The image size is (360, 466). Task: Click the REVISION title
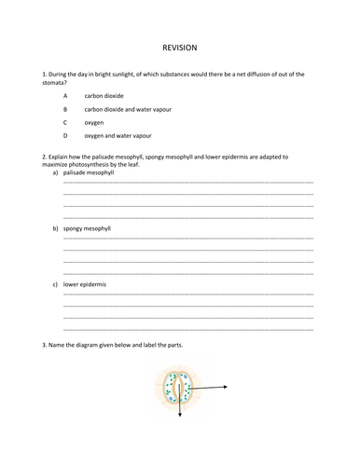click(x=180, y=47)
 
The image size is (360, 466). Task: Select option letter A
click(x=65, y=96)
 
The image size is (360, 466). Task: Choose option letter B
click(x=65, y=109)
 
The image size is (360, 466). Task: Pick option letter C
click(x=65, y=122)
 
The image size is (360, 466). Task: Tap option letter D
click(x=65, y=135)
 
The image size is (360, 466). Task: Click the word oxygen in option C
click(x=94, y=122)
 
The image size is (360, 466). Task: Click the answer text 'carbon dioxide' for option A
click(x=103, y=96)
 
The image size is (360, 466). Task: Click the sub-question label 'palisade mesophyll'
click(x=90, y=172)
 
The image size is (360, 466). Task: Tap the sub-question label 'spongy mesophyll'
click(x=88, y=227)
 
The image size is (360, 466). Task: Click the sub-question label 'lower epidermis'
click(x=85, y=283)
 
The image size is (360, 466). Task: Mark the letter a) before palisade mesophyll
click(x=55, y=172)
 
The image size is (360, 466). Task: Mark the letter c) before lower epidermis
click(x=55, y=283)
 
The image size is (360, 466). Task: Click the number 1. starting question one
click(x=45, y=74)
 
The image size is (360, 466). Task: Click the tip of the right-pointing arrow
click(x=228, y=386)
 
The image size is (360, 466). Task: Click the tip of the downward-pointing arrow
click(x=180, y=417)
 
